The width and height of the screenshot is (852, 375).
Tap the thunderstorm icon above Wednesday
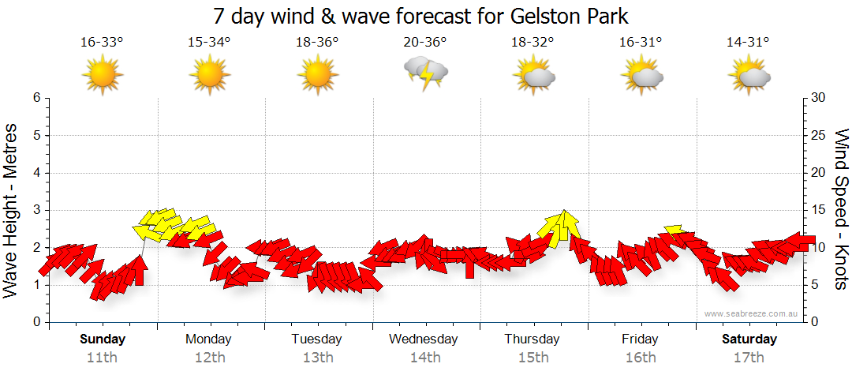click(x=426, y=74)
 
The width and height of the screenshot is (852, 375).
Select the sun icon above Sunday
click(x=103, y=76)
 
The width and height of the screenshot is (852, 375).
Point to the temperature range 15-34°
click(x=209, y=43)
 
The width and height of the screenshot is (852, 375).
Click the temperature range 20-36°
click(x=426, y=43)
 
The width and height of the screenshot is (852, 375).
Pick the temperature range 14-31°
click(x=748, y=43)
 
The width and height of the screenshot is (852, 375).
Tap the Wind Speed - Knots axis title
click(x=840, y=209)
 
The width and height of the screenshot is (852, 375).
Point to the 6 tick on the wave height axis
click(x=36, y=98)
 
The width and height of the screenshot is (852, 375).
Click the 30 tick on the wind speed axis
click(x=820, y=98)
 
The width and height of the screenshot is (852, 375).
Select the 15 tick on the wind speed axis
click(x=820, y=210)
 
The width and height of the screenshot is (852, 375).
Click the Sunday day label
click(x=103, y=339)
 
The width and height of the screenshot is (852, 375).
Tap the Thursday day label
click(x=532, y=339)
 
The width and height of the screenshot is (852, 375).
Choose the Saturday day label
click(x=749, y=339)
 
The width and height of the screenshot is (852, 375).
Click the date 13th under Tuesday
click(x=318, y=357)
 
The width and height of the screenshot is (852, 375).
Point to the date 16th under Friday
click(x=641, y=357)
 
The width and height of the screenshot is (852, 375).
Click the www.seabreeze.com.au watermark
click(x=752, y=313)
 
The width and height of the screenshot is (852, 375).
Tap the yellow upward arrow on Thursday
click(x=563, y=225)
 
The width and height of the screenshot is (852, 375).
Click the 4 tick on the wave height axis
click(x=36, y=173)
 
